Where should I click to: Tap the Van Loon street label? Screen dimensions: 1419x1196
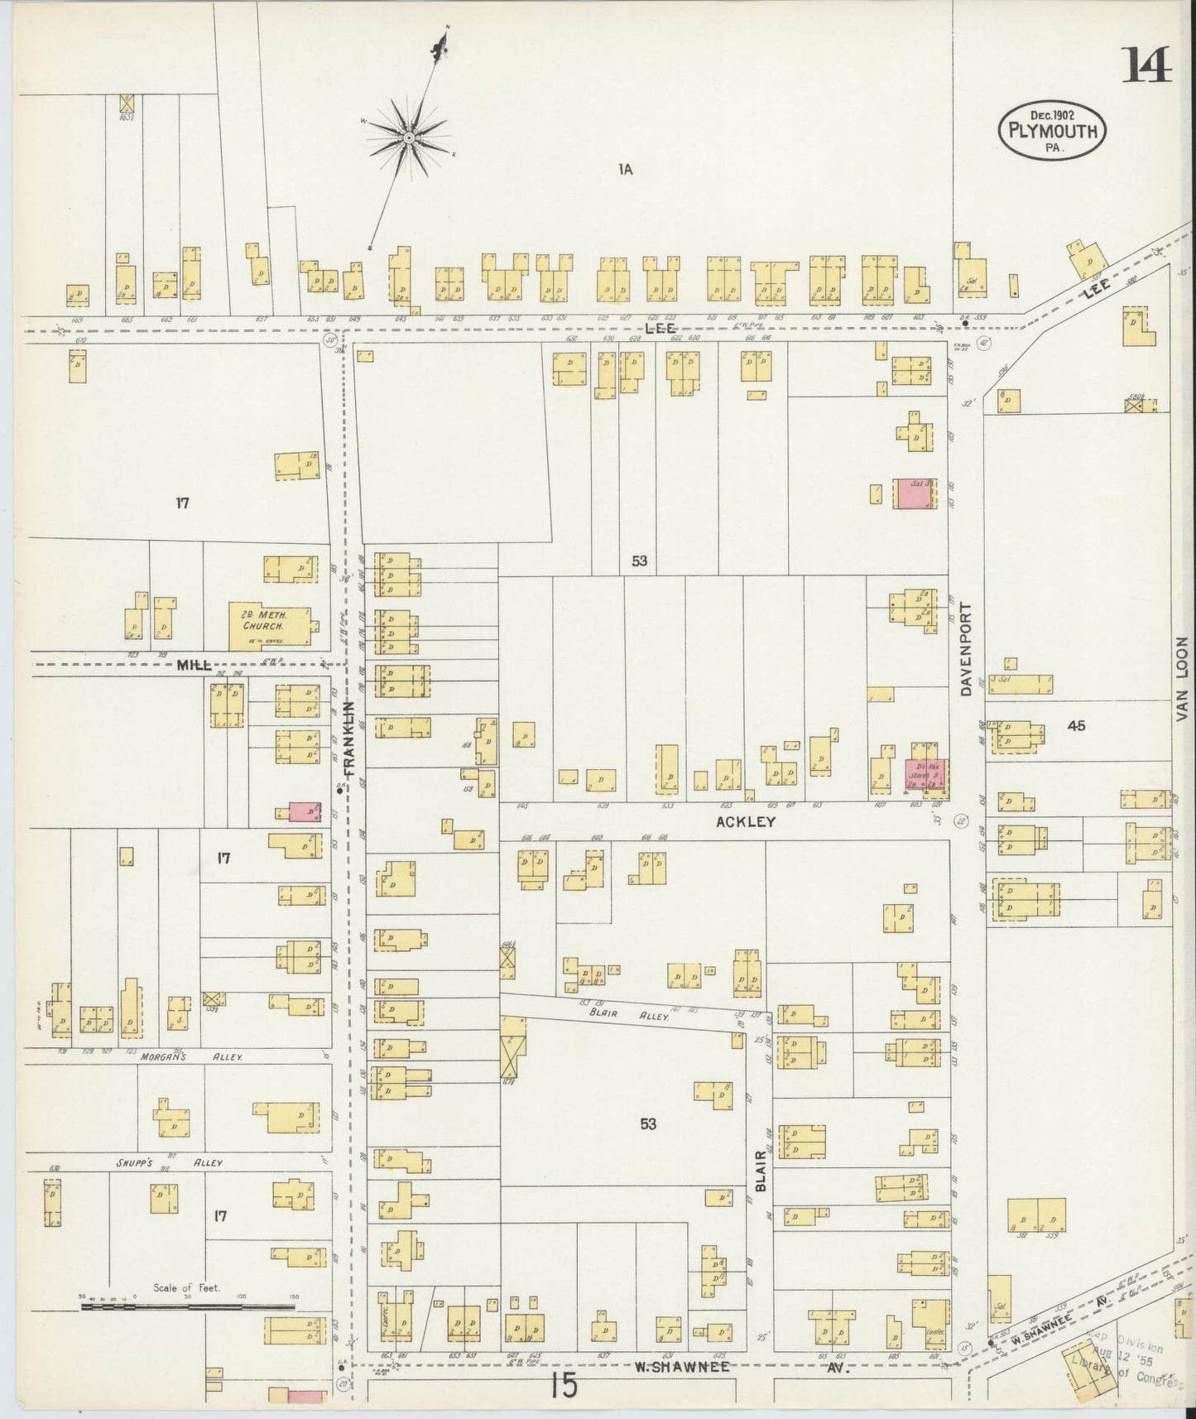1181,679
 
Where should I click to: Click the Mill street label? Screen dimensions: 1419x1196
192,665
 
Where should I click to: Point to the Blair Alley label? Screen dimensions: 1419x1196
617,1009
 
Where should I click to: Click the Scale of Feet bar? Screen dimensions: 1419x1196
187,1330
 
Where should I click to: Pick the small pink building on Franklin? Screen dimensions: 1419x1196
305,811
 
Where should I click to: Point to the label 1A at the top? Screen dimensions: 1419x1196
625,170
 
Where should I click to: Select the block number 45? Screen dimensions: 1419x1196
1076,726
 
